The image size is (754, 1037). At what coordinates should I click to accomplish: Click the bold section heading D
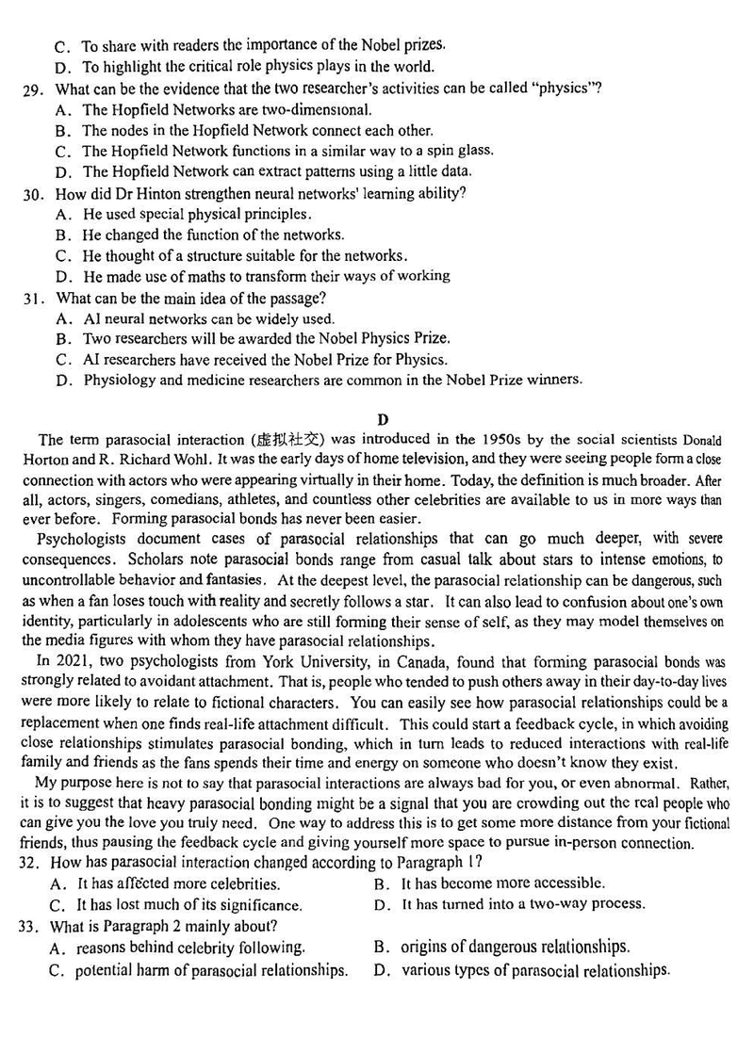(x=382, y=418)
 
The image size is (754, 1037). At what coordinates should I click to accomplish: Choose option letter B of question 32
(x=381, y=883)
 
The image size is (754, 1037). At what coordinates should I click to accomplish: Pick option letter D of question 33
(x=381, y=970)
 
